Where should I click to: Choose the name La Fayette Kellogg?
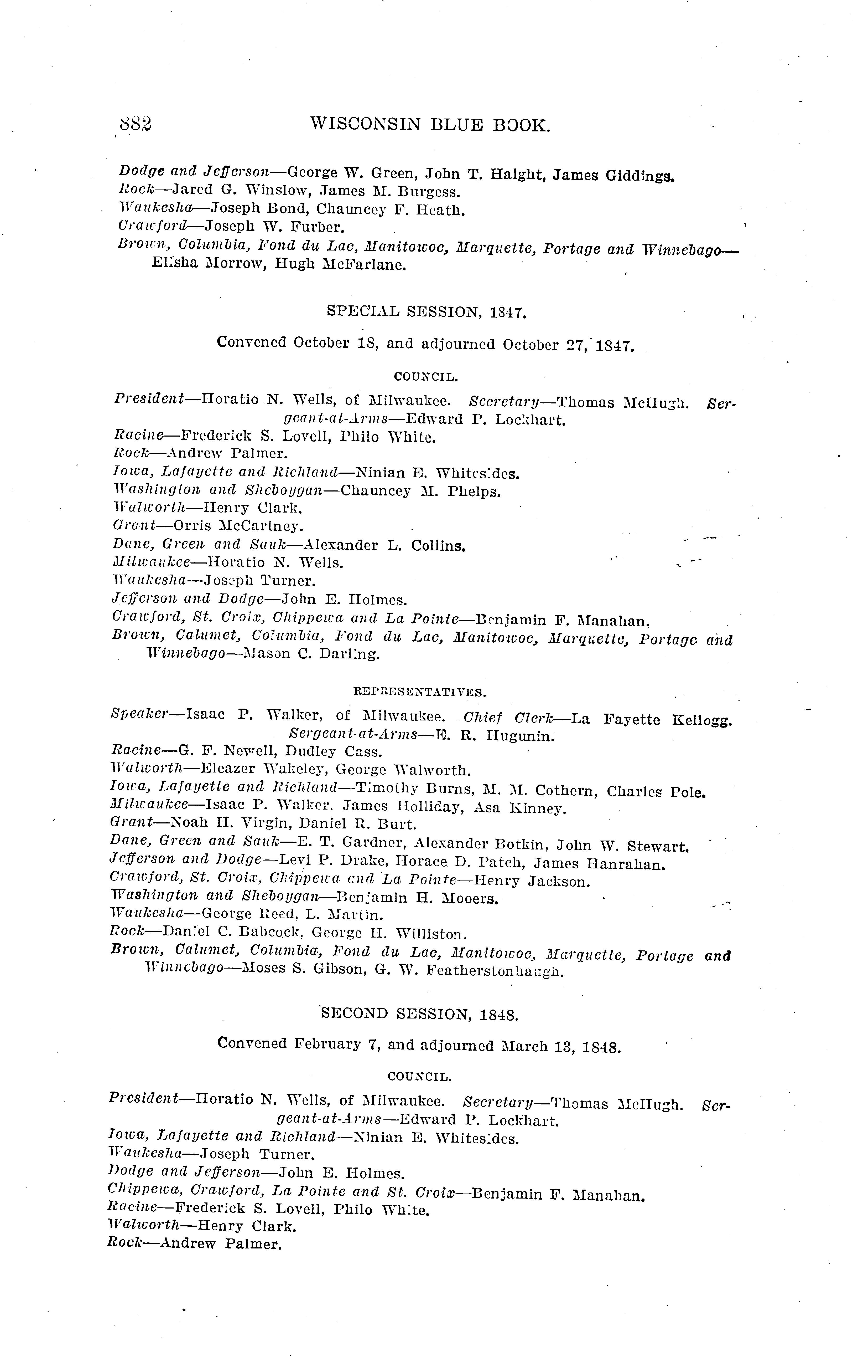(652, 720)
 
